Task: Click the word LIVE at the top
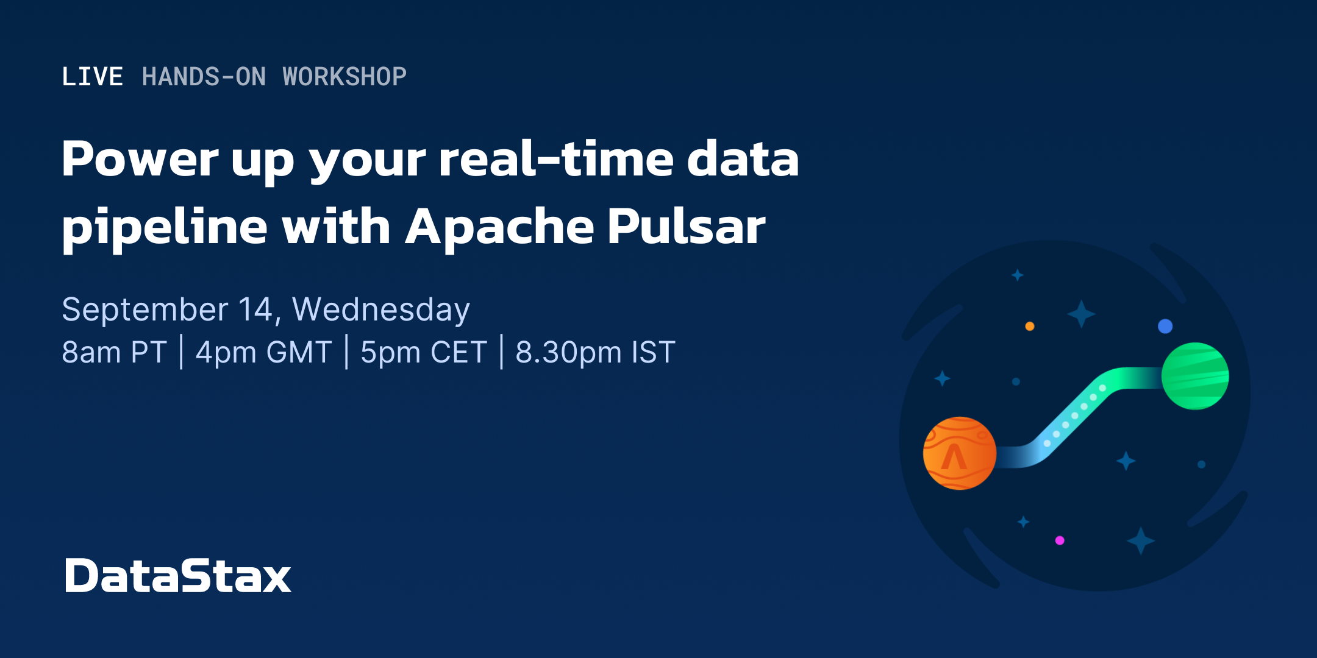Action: point(92,77)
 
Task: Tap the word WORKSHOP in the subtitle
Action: point(344,77)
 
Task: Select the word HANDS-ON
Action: point(204,77)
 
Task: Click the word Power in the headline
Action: point(140,159)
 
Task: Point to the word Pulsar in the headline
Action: point(686,227)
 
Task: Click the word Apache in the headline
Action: point(499,227)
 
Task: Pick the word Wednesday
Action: point(381,310)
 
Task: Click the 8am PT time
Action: point(115,352)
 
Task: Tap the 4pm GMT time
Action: point(263,352)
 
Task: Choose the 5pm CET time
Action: point(424,352)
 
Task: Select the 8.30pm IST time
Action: point(595,352)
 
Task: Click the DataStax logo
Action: point(177,576)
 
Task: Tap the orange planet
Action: point(959,453)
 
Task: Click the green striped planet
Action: point(1195,376)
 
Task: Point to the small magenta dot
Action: point(1060,540)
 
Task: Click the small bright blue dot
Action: point(1165,326)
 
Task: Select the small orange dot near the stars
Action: point(1030,326)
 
